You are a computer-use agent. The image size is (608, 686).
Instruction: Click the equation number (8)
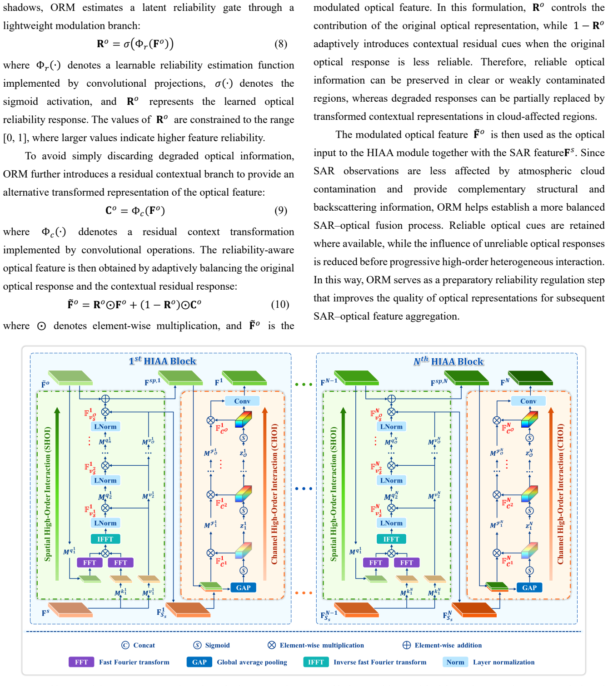coord(281,44)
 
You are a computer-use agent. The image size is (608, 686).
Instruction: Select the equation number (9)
coord(281,211)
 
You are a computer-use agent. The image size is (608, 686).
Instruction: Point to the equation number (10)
coord(280,304)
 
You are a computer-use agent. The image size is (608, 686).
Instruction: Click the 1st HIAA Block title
coord(162,361)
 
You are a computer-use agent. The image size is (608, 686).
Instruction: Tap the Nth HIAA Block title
coord(449,361)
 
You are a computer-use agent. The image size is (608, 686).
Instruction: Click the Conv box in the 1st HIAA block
coord(242,401)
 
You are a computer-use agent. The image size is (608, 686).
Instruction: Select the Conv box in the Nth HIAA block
coord(528,401)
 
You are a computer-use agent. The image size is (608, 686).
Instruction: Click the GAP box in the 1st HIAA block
coord(243,587)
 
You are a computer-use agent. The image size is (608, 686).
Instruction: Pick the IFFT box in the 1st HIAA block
coord(105,539)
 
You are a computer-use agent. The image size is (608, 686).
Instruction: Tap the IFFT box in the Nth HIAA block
coord(391,539)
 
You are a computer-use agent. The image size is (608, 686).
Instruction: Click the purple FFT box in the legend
coord(81,662)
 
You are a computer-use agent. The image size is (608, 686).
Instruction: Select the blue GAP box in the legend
coord(199,662)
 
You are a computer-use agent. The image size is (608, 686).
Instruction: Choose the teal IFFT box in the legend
coord(316,662)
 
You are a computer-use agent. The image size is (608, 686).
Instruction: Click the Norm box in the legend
coord(455,662)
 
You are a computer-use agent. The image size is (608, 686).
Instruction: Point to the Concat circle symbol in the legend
coord(125,645)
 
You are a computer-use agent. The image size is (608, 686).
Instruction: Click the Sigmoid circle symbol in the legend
coord(197,645)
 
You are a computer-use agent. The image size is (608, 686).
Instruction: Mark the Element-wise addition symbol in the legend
coord(406,645)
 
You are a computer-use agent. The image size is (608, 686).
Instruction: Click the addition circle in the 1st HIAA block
coord(105,399)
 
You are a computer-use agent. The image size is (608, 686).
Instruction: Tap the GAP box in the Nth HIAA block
coord(529,587)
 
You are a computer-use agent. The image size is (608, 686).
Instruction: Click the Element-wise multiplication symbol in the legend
coord(271,645)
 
